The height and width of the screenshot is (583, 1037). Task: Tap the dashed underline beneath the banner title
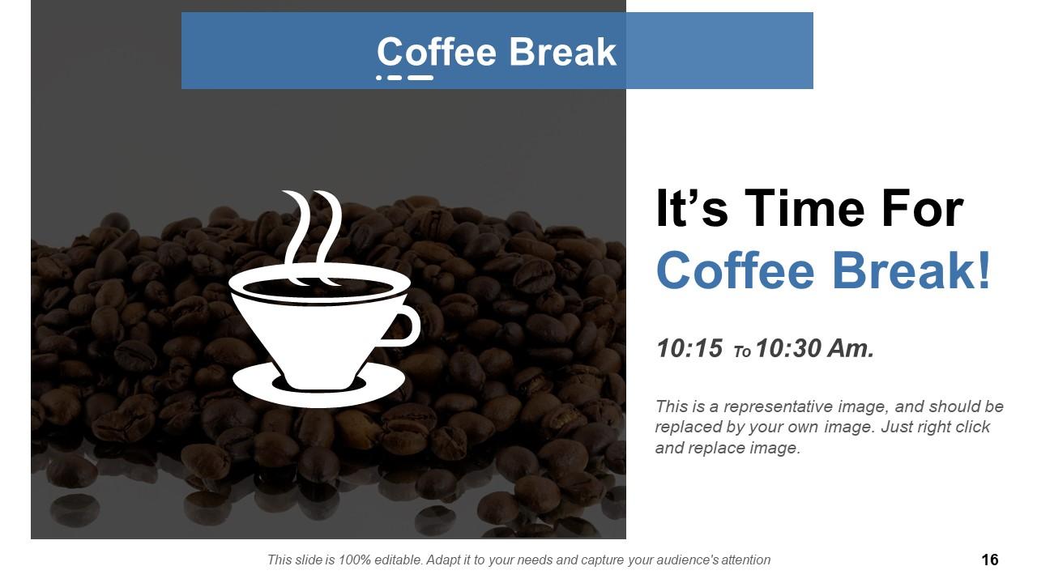(405, 78)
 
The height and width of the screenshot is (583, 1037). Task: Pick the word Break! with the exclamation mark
(911, 270)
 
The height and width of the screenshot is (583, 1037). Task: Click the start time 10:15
(689, 349)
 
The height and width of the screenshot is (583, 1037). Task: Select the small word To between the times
(742, 352)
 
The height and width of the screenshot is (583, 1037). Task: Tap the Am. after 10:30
(851, 349)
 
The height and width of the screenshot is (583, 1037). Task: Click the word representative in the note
(773, 406)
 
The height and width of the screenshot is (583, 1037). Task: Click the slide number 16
(989, 560)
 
